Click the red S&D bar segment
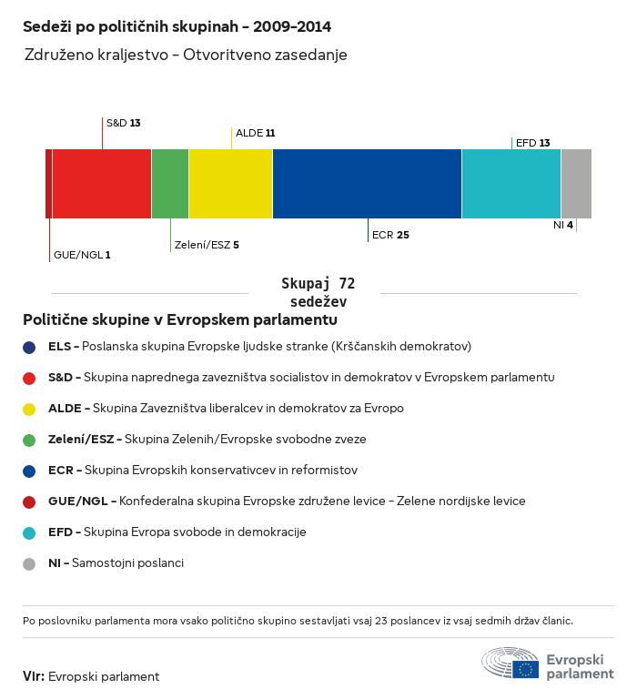102,184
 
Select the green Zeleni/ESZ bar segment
170,184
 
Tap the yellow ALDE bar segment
231,184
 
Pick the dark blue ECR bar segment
367,184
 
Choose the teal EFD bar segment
511,184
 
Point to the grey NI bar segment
576,184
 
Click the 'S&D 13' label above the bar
124,122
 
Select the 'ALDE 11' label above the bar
255,133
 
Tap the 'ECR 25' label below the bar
390,235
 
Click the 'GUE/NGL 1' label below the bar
82,255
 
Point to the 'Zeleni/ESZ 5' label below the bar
207,245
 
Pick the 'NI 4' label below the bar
562,225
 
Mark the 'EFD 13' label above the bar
532,143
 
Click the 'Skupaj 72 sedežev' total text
318,293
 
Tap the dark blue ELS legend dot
29,347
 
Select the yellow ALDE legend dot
29,409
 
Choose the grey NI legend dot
29,563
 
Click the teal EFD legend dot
29,532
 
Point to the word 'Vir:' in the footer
34,676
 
